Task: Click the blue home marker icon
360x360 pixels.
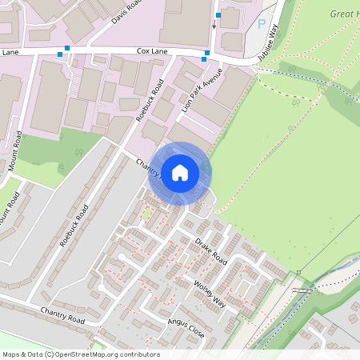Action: tap(180, 172)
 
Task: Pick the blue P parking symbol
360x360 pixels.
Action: tap(261, 24)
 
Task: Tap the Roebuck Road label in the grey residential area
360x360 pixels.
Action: tap(74, 227)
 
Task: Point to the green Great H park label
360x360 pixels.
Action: tap(344, 14)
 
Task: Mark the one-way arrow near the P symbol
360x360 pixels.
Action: tap(214, 24)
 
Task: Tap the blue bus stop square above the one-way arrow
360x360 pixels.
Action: tap(217, 14)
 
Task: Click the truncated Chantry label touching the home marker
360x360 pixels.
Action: tap(149, 167)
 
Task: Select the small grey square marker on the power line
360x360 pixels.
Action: tap(298, 273)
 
